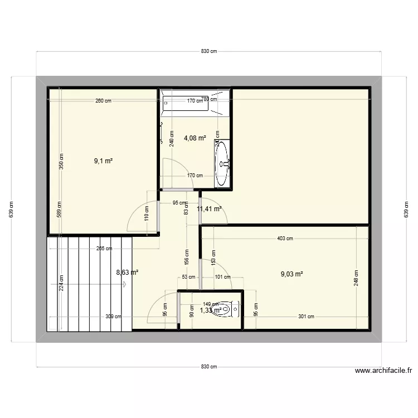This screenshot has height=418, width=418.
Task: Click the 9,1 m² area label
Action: click(104, 161)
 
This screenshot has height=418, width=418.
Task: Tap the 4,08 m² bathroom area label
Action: click(195, 138)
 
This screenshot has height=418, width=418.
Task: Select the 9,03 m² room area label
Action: click(291, 274)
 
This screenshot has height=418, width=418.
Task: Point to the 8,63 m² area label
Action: click(127, 273)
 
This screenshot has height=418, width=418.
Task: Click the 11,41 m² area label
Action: click(210, 209)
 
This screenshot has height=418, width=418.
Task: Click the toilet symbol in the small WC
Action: click(227, 309)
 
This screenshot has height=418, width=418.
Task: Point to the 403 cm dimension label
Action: click(285, 239)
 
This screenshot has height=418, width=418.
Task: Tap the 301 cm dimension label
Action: click(306, 317)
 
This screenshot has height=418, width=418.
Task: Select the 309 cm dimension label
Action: click(113, 317)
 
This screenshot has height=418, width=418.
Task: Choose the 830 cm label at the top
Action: click(209, 51)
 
